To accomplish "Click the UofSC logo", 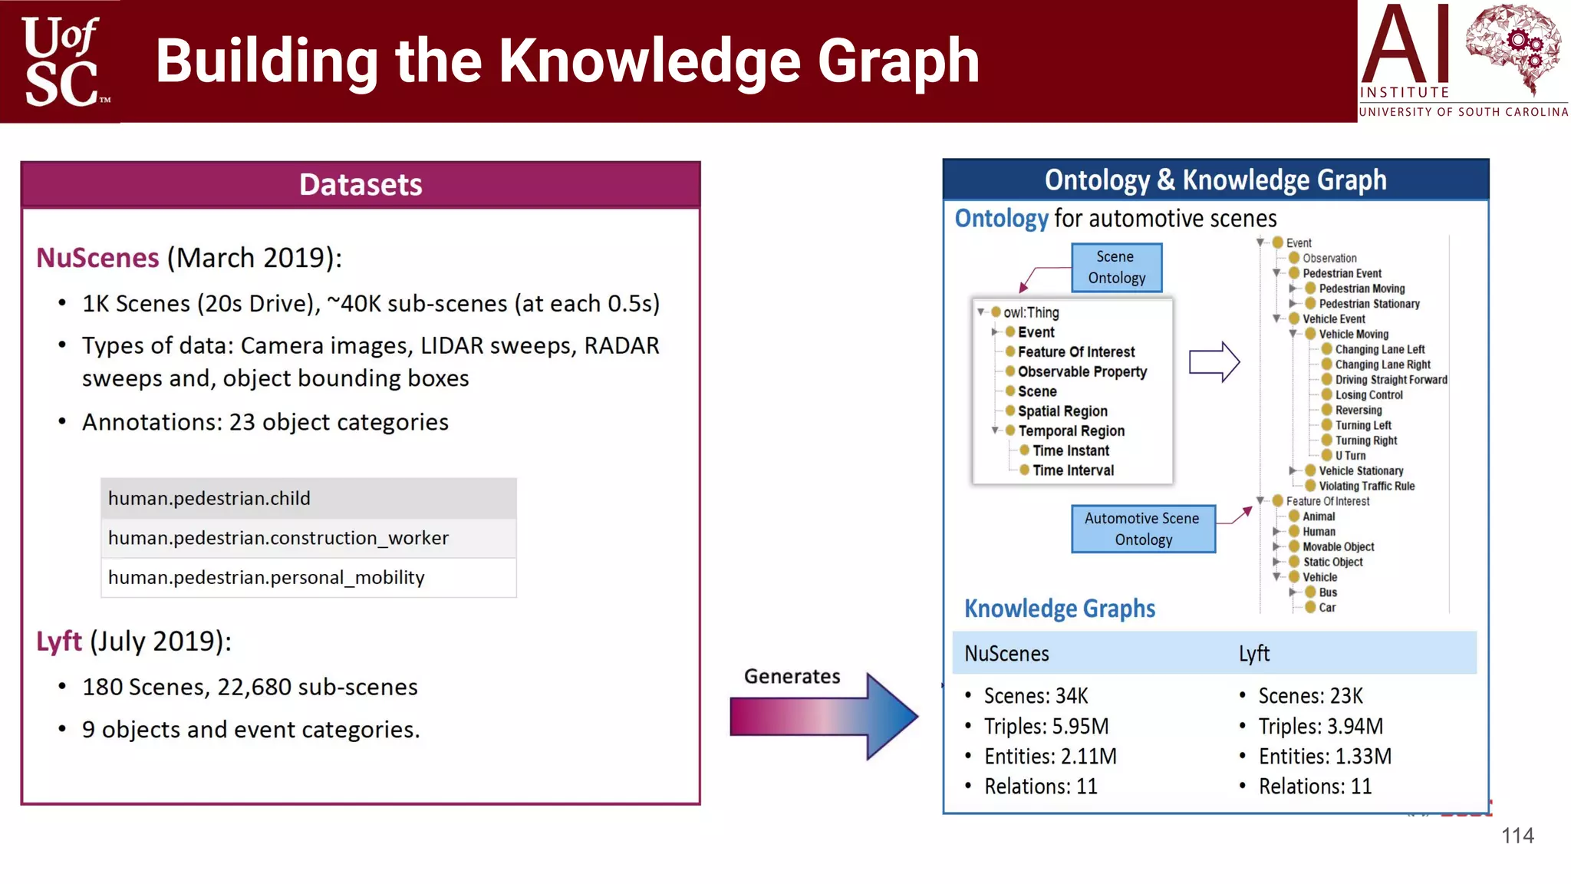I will (x=61, y=61).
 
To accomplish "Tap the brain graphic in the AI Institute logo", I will (x=1512, y=48).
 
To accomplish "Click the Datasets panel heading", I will (x=361, y=184).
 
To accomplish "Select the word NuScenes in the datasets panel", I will (x=97, y=258).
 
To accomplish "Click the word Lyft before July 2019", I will (x=58, y=641).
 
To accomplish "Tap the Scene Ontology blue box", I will (x=1116, y=267).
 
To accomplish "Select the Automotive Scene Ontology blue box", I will (x=1143, y=529).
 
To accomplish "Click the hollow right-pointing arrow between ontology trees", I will (x=1214, y=361).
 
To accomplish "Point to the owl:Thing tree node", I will (x=1030, y=312).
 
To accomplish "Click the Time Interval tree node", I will (x=1072, y=470).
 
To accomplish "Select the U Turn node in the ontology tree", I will (x=1349, y=456).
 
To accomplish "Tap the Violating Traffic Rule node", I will (x=1365, y=486).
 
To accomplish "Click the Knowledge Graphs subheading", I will (x=1059, y=609).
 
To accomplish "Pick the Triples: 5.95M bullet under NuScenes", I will (x=1046, y=726).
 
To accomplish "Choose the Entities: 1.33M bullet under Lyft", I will (x=1324, y=757).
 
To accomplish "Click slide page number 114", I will (x=1517, y=836).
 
